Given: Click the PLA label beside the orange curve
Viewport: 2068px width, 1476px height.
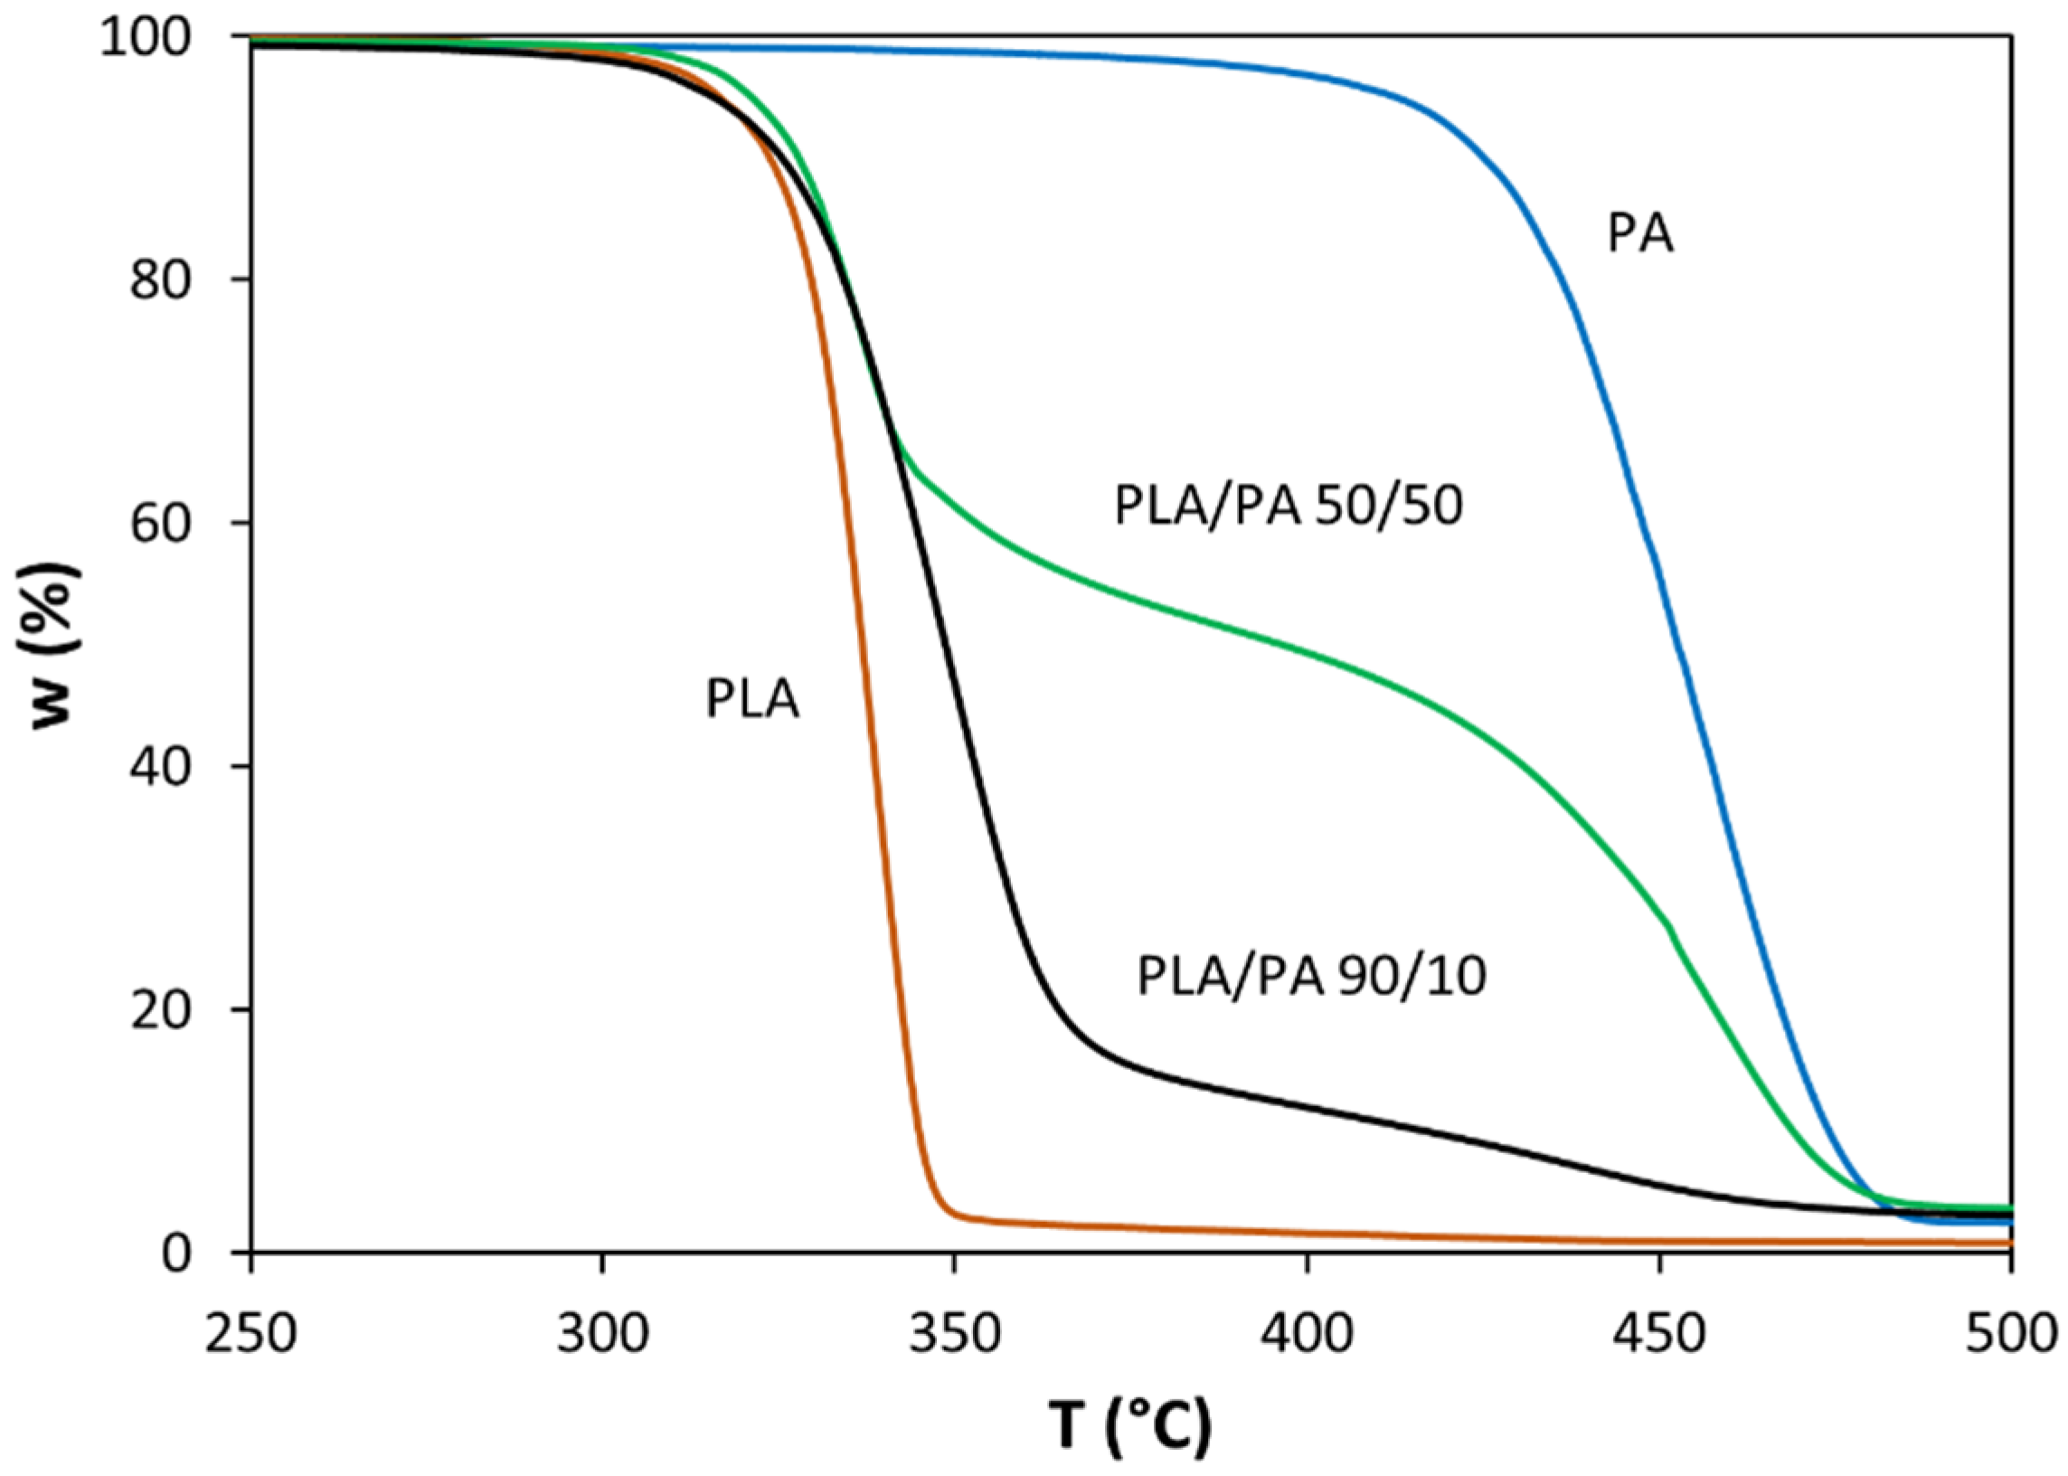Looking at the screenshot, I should pyautogui.click(x=752, y=701).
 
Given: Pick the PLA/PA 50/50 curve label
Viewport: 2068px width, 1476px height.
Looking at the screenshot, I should pyautogui.click(x=1289, y=506).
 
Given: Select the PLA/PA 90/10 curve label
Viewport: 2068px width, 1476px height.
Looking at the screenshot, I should pyautogui.click(x=1311, y=977).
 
